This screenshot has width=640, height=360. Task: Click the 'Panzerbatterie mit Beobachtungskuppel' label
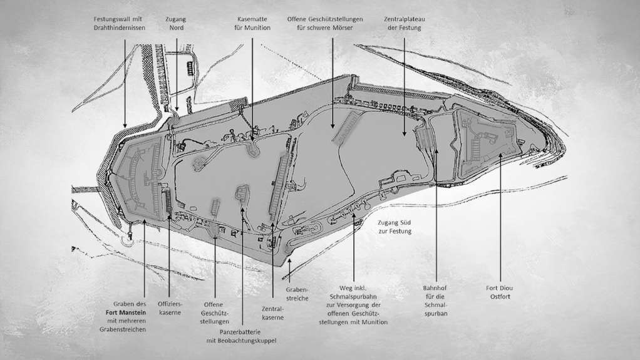[x=241, y=336]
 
